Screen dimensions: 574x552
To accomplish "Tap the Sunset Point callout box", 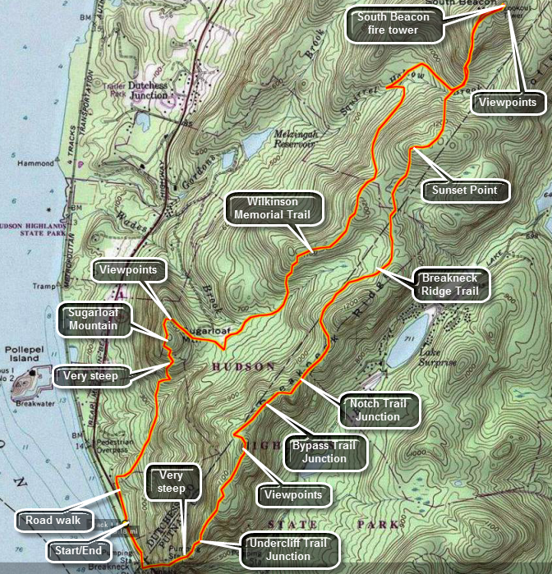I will (x=465, y=191).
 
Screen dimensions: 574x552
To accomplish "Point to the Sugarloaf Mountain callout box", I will (x=94, y=319).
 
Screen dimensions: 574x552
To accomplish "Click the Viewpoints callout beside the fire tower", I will (x=508, y=103).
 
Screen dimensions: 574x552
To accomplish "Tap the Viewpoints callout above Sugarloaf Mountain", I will (x=127, y=269).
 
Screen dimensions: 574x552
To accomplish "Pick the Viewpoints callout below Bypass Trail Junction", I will (x=293, y=495).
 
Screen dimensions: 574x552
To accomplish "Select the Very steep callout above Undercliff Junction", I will (x=172, y=482).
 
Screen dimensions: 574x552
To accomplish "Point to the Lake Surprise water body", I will (x=407, y=339).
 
